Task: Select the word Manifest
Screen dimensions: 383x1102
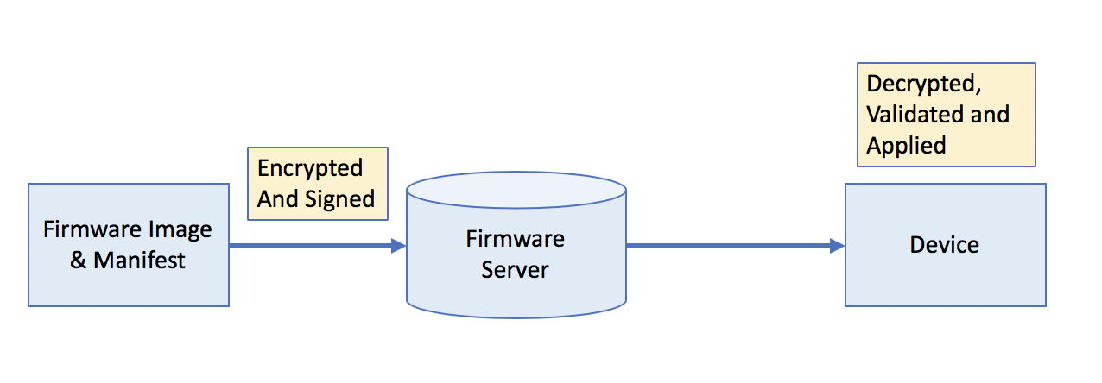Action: (139, 260)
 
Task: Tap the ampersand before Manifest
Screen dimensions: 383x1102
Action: (79, 260)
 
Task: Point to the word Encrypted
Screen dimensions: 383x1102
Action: (310, 167)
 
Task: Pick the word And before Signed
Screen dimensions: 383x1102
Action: (278, 198)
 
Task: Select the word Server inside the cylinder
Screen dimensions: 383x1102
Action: (515, 269)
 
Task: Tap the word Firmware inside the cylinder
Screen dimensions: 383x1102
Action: (515, 238)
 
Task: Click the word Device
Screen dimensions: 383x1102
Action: (944, 245)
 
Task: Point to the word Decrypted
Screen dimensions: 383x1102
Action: (922, 85)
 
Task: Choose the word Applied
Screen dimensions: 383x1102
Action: (906, 145)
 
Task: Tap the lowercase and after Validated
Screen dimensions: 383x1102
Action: (990, 115)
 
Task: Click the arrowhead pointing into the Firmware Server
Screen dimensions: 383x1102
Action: (398, 246)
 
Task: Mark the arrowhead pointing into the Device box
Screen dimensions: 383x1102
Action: (837, 246)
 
